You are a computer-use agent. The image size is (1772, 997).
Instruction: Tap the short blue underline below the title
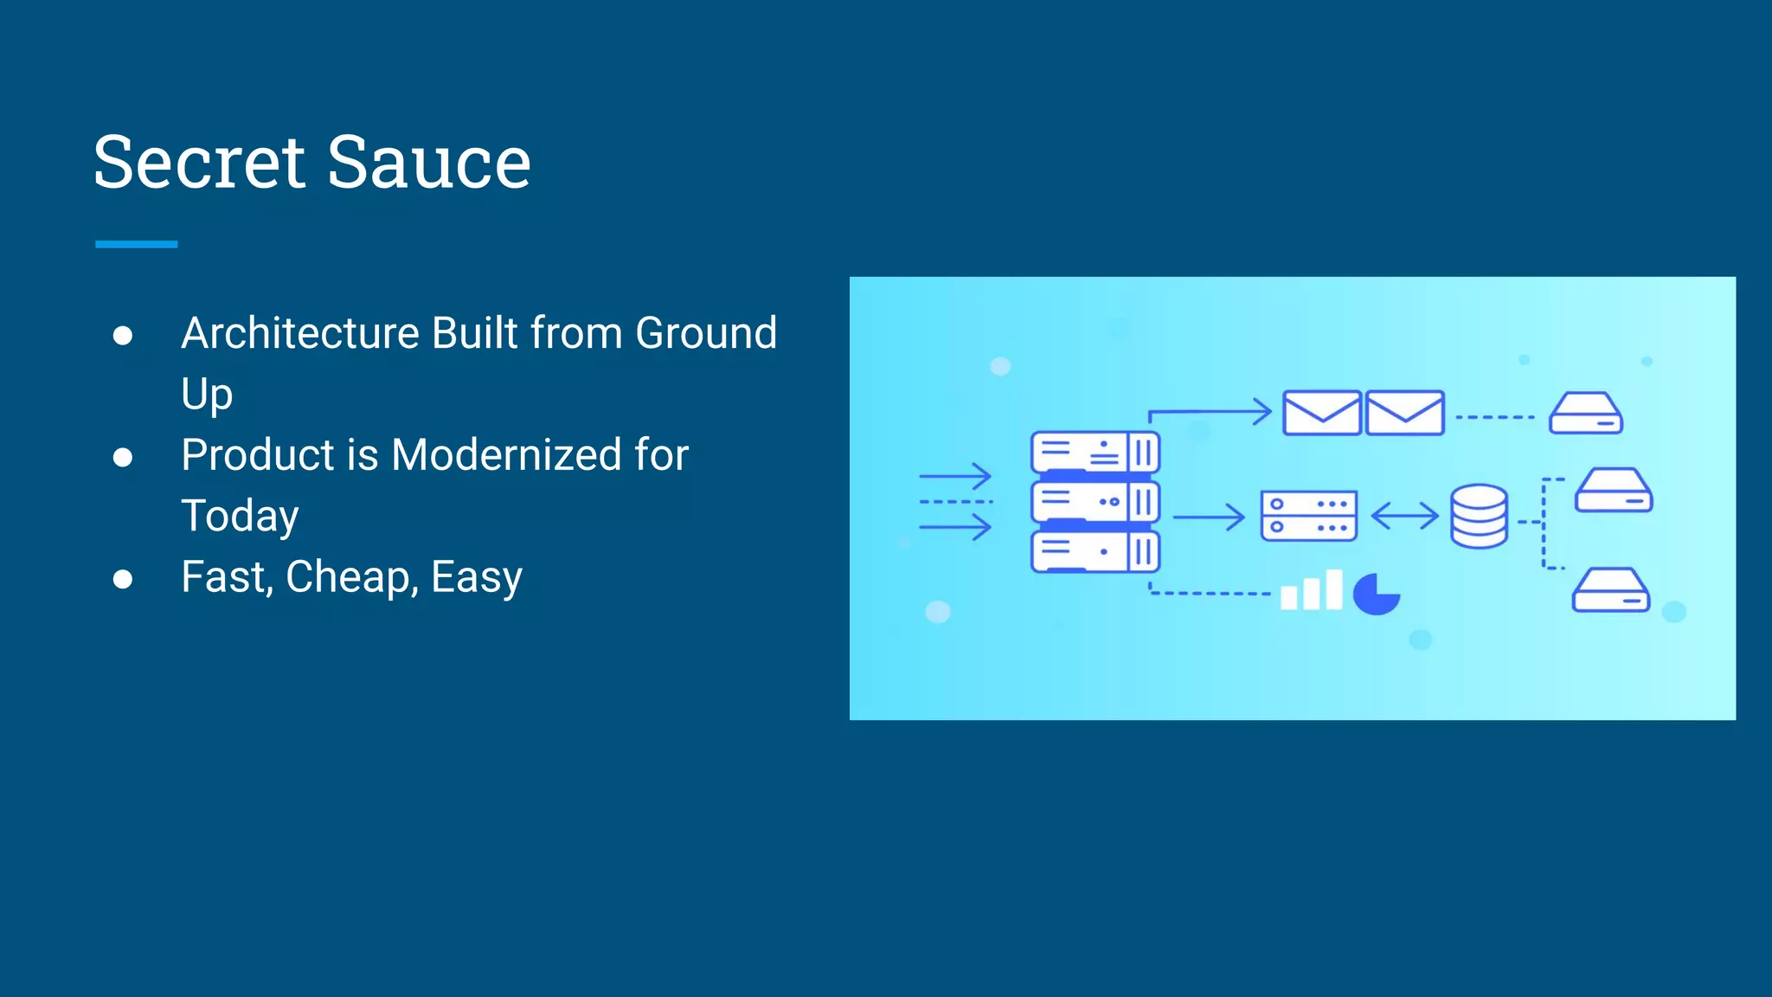(x=136, y=245)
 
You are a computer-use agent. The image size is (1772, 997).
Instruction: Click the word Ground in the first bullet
(x=706, y=333)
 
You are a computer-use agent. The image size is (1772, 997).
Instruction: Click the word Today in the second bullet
(x=240, y=516)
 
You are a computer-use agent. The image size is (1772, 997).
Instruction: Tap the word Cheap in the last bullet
(x=352, y=577)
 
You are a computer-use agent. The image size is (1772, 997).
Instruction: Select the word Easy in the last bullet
(x=477, y=577)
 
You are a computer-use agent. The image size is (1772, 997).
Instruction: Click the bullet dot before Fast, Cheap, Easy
(x=123, y=579)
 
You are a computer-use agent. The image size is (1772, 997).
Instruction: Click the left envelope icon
(x=1321, y=413)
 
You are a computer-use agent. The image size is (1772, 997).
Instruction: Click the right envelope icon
(x=1405, y=413)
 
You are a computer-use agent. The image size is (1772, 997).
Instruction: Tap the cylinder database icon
(x=1479, y=516)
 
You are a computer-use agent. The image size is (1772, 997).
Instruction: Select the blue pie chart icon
(x=1376, y=594)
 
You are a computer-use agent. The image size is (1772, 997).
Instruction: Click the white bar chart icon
(x=1311, y=591)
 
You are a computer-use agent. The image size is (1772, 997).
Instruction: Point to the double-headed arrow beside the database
(x=1404, y=517)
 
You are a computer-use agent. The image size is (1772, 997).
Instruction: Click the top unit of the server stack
(x=1095, y=452)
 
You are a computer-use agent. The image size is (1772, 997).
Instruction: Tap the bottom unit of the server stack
(x=1095, y=552)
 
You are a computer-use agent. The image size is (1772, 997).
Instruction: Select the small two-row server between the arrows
(x=1308, y=516)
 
